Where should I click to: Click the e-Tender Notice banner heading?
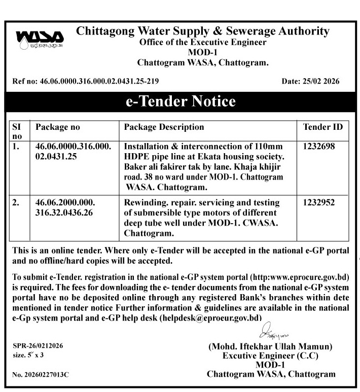click(181, 101)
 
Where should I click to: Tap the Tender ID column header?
click(322, 127)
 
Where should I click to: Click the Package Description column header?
click(164, 127)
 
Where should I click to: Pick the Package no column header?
click(58, 127)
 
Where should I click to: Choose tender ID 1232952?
click(318, 202)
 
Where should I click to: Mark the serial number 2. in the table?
click(16, 202)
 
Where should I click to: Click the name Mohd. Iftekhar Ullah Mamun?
click(271, 347)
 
